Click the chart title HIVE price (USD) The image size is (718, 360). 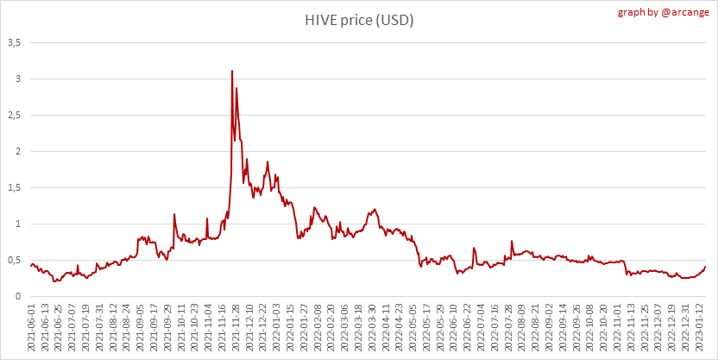(359, 20)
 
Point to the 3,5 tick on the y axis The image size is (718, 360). (15, 42)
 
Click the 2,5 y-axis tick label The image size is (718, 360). (15, 115)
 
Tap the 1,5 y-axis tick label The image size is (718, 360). (15, 187)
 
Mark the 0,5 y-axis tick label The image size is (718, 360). (15, 260)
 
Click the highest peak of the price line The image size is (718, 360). (232, 71)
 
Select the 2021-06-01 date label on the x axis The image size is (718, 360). (33, 329)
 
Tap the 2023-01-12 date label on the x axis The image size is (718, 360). (702, 329)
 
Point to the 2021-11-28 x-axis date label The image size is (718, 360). (233, 329)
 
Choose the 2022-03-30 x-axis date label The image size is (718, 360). (372, 329)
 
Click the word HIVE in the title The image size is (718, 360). (321, 20)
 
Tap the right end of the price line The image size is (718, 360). (705, 266)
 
